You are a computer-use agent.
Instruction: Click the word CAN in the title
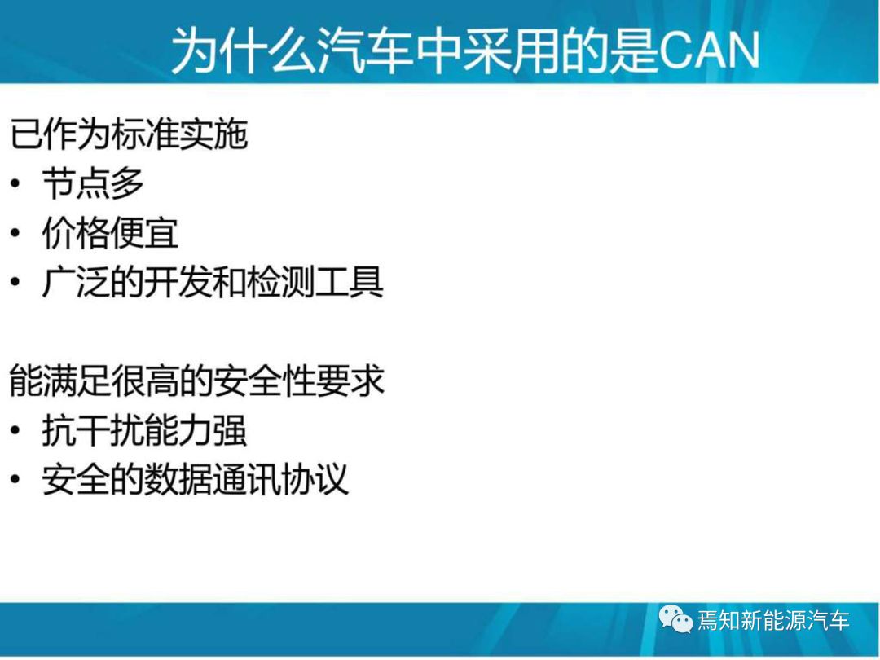709,50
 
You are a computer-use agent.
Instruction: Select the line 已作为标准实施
129,134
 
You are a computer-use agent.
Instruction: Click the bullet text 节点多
93,183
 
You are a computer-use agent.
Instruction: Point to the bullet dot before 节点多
15,183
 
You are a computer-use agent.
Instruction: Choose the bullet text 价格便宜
111,233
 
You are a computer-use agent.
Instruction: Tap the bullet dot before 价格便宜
15,233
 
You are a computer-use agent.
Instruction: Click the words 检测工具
315,282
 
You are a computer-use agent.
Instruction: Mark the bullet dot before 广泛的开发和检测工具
15,282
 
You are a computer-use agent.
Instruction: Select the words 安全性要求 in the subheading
299,381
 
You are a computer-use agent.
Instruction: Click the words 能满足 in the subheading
60,381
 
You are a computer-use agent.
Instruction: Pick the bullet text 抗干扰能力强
144,430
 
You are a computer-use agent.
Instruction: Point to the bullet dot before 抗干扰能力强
15,430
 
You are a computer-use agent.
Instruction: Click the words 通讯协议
280,479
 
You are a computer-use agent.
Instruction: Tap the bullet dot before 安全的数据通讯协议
15,479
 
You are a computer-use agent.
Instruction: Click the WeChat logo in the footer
675,619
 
